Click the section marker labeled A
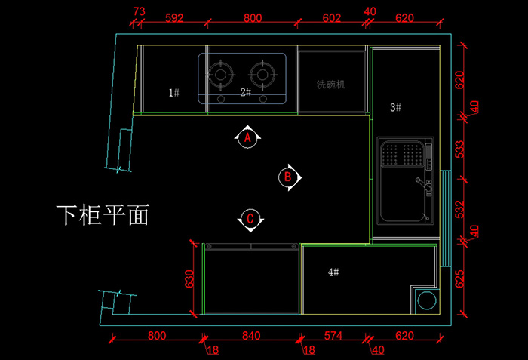point(247,137)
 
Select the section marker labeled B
point(287,177)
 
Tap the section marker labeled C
point(250,220)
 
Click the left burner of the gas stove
point(221,73)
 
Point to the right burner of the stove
point(263,73)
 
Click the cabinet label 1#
point(173,92)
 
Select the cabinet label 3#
point(395,107)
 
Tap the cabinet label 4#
point(333,271)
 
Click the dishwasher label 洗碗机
point(330,85)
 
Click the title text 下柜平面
point(102,215)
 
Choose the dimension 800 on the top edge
point(253,17)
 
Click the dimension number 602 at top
point(332,17)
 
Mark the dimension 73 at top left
point(139,11)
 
